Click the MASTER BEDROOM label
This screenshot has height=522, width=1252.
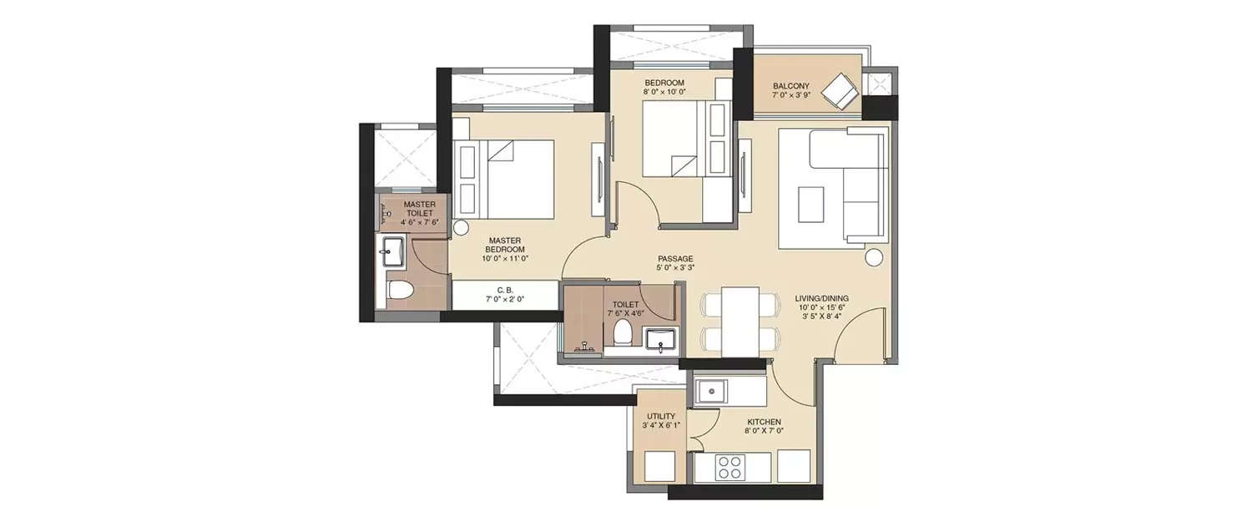coord(507,245)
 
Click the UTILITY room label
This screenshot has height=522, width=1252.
coord(660,416)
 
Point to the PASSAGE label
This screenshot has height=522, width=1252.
coord(675,259)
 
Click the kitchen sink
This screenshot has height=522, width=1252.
coord(713,390)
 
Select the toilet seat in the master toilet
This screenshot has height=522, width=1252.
coord(401,291)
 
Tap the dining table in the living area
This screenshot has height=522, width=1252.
coord(740,320)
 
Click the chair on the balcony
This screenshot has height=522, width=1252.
coord(840,90)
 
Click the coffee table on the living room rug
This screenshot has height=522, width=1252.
coord(810,204)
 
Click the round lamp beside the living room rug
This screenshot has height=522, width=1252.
coord(874,257)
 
